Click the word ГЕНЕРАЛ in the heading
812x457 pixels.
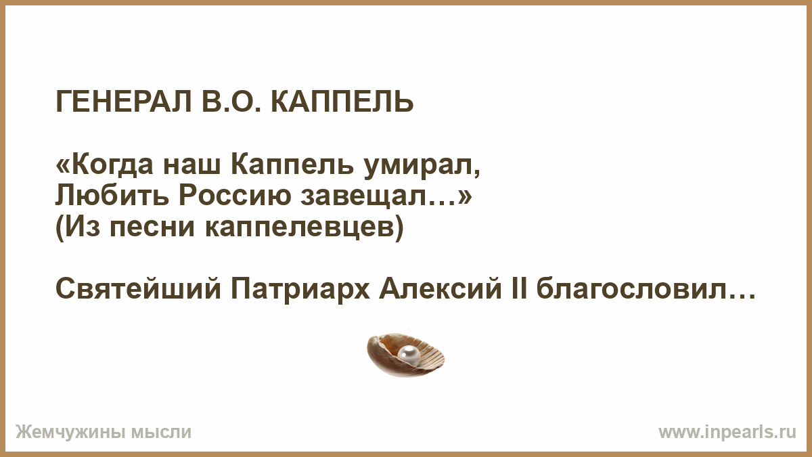[x=124, y=102]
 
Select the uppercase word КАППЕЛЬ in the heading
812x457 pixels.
[x=342, y=102]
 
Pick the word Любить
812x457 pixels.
[x=112, y=196]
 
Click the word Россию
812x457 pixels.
[x=235, y=196]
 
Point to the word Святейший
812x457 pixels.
[x=138, y=290]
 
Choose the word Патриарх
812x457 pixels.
[x=300, y=291]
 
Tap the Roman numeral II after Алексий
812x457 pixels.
[x=520, y=290]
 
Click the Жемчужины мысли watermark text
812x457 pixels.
[x=104, y=433]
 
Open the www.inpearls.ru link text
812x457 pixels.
[x=727, y=433]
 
